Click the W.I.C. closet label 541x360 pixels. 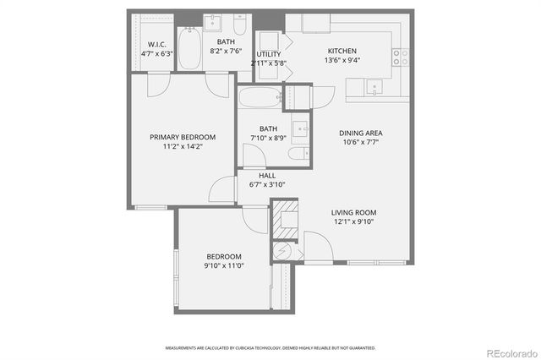156,44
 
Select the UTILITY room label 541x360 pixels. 269,54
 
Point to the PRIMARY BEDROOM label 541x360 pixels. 183,137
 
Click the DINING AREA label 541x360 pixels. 361,133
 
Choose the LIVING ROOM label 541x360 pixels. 353,213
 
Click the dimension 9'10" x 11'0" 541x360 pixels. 225,265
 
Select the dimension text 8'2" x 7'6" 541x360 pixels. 226,50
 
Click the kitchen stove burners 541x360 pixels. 400,57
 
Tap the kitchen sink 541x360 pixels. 374,86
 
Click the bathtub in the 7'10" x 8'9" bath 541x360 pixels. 259,99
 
